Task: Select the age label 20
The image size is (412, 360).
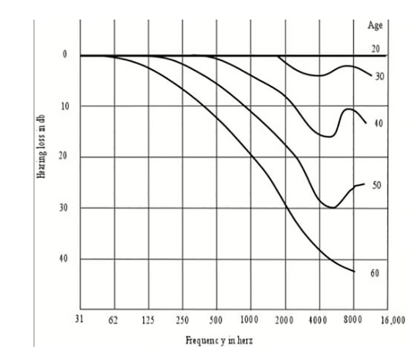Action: [376, 49]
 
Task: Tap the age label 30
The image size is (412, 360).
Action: [379, 77]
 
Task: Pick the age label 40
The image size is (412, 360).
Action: [377, 124]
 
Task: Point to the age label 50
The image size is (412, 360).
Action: [376, 186]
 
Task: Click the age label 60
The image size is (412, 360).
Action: [375, 273]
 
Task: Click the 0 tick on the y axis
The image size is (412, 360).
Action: [64, 54]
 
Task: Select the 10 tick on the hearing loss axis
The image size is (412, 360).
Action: [65, 106]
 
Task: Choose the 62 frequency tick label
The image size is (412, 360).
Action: [114, 320]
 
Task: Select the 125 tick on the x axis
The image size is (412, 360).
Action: [148, 320]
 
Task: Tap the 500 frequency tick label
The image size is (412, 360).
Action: [216, 320]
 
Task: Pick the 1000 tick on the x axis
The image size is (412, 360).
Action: [249, 320]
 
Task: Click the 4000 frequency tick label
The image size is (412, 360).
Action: [318, 320]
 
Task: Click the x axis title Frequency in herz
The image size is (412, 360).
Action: [219, 340]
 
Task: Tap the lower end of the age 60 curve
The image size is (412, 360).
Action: [354, 271]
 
